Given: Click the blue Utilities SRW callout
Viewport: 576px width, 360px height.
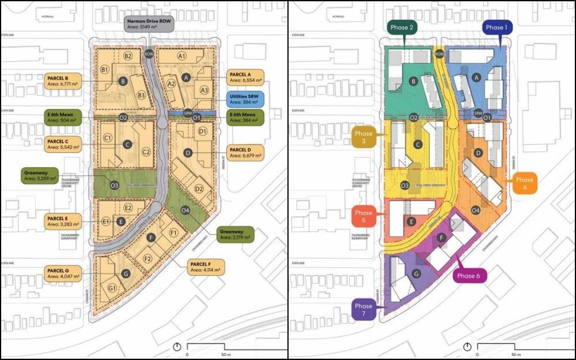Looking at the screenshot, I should [x=245, y=99].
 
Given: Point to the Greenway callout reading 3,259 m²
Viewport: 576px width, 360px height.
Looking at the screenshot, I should [x=40, y=175].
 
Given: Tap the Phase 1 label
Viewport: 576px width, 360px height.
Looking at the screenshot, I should [x=495, y=28].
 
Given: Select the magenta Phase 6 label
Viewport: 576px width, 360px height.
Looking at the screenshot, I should [x=468, y=276].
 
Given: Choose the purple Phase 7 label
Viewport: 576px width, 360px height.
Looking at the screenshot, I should [x=363, y=310].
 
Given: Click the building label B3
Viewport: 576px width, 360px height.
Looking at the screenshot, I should [x=141, y=95].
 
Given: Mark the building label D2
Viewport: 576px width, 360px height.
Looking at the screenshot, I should [x=199, y=189].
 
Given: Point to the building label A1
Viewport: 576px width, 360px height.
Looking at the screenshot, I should [x=182, y=56].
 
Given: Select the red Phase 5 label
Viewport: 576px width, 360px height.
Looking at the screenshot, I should [x=363, y=216].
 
